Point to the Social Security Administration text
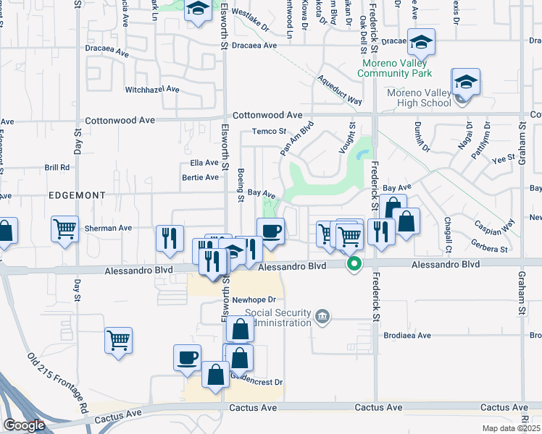click(x=278, y=318)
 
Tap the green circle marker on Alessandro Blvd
click(x=354, y=264)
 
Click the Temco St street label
click(x=270, y=132)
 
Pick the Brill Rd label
click(x=57, y=167)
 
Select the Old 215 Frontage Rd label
click(x=58, y=383)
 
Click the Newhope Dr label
click(x=254, y=299)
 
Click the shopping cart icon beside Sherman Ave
click(x=64, y=229)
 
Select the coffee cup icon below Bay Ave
click(x=270, y=231)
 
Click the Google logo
click(x=24, y=425)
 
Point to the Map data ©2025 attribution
click(x=511, y=428)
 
